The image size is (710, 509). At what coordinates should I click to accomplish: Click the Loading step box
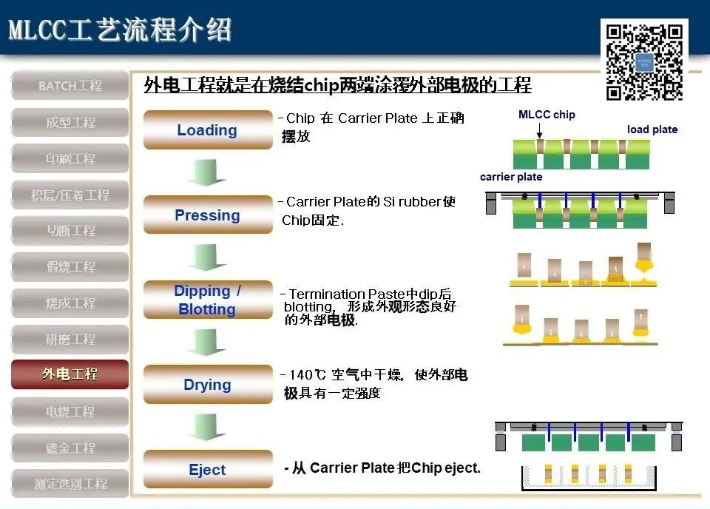point(208,130)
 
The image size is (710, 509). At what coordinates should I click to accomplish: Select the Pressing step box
point(208,215)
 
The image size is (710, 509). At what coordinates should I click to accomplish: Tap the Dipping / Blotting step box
point(208,300)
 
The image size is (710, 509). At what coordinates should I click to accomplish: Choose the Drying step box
point(208,385)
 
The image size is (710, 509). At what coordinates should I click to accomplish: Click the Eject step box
point(208,470)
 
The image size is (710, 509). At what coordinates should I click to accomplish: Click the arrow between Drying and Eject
point(206,427)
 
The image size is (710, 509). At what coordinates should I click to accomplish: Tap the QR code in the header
point(644,62)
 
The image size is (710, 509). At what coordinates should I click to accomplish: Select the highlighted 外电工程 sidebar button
point(70,374)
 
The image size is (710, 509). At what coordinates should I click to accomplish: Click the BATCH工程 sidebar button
point(70,86)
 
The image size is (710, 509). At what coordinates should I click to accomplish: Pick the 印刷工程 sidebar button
point(70,158)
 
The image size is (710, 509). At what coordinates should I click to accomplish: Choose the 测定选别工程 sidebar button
point(70,484)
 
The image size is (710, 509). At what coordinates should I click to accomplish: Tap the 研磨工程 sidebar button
point(70,339)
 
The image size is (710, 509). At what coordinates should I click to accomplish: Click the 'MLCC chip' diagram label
point(547,115)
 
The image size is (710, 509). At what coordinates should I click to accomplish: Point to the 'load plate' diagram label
point(652,129)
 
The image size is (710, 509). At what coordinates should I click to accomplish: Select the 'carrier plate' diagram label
point(511,177)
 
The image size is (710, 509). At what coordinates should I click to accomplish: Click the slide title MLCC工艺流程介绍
point(120,30)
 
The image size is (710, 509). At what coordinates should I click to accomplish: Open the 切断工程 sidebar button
point(70,231)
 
